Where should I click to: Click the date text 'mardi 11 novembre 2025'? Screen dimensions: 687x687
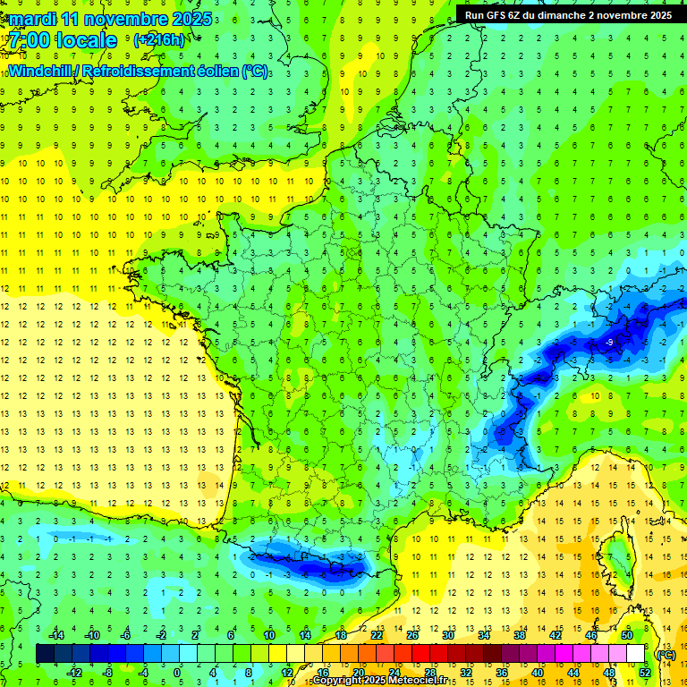click(112, 20)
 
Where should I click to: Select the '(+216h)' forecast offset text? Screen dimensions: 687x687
click(158, 40)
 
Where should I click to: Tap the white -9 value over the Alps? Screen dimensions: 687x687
click(608, 343)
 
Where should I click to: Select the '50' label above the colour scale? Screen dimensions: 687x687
click(626, 635)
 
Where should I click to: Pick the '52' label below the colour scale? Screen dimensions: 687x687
click(644, 673)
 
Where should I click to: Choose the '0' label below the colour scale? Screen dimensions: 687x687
click(176, 673)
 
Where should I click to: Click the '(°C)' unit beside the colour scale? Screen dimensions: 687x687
click(666, 654)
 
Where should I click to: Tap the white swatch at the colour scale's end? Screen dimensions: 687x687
click(635, 654)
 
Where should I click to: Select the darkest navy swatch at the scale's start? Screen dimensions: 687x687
click(45, 654)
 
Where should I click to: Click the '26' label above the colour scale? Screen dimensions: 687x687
click(412, 635)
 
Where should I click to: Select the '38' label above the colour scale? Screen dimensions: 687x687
click(520, 635)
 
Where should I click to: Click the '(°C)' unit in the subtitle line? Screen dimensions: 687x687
click(255, 71)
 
